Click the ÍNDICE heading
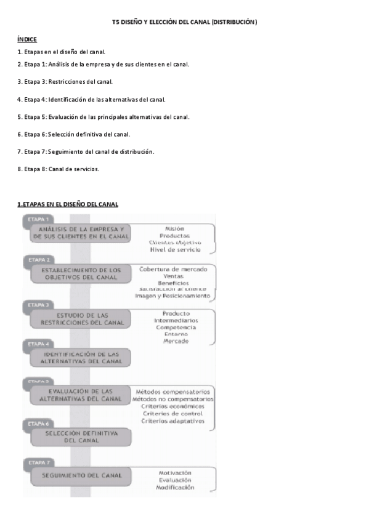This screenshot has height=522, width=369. (27, 39)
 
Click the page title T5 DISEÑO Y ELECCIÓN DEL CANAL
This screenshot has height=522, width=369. (184, 22)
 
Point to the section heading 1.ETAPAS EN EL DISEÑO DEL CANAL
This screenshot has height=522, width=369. (68, 204)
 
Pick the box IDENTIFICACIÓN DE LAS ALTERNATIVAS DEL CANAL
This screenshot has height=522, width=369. (82, 358)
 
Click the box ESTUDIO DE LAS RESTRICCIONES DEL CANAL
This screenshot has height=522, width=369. (82, 318)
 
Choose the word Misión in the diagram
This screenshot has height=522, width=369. (175, 228)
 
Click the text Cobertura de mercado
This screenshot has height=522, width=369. (173, 269)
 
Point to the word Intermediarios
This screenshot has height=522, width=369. (176, 321)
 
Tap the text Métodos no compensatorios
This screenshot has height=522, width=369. (173, 399)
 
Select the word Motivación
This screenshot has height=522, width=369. (175, 472)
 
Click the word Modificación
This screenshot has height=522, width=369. (175, 487)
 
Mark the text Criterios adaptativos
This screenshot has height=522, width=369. (172, 421)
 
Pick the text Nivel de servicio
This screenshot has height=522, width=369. (175, 249)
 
